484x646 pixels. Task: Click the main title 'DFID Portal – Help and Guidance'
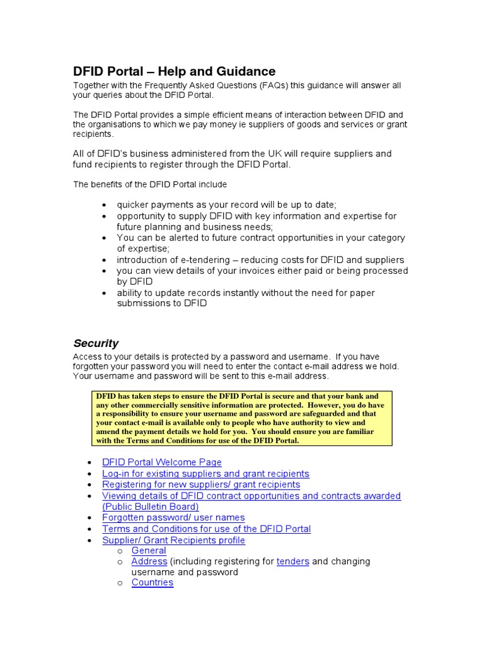tap(175, 71)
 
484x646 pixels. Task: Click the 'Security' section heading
tap(96, 343)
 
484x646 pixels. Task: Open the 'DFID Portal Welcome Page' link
tap(161, 462)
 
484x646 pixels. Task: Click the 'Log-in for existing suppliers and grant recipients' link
tap(205, 473)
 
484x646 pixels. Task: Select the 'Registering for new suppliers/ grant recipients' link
tap(201, 484)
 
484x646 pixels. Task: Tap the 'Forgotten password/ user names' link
tap(173, 517)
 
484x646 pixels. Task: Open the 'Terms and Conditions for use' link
tap(206, 529)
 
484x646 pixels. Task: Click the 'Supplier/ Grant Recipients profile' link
tap(173, 540)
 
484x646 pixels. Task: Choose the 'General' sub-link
tap(149, 550)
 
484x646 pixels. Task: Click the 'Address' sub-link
tap(149, 561)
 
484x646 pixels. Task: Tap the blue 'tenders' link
tap(292, 561)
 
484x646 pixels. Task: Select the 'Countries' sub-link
tap(152, 582)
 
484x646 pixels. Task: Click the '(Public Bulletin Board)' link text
tap(150, 507)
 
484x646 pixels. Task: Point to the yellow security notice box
tap(242, 418)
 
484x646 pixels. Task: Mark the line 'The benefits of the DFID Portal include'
tap(150, 184)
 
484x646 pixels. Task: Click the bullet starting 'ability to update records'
tap(245, 293)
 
